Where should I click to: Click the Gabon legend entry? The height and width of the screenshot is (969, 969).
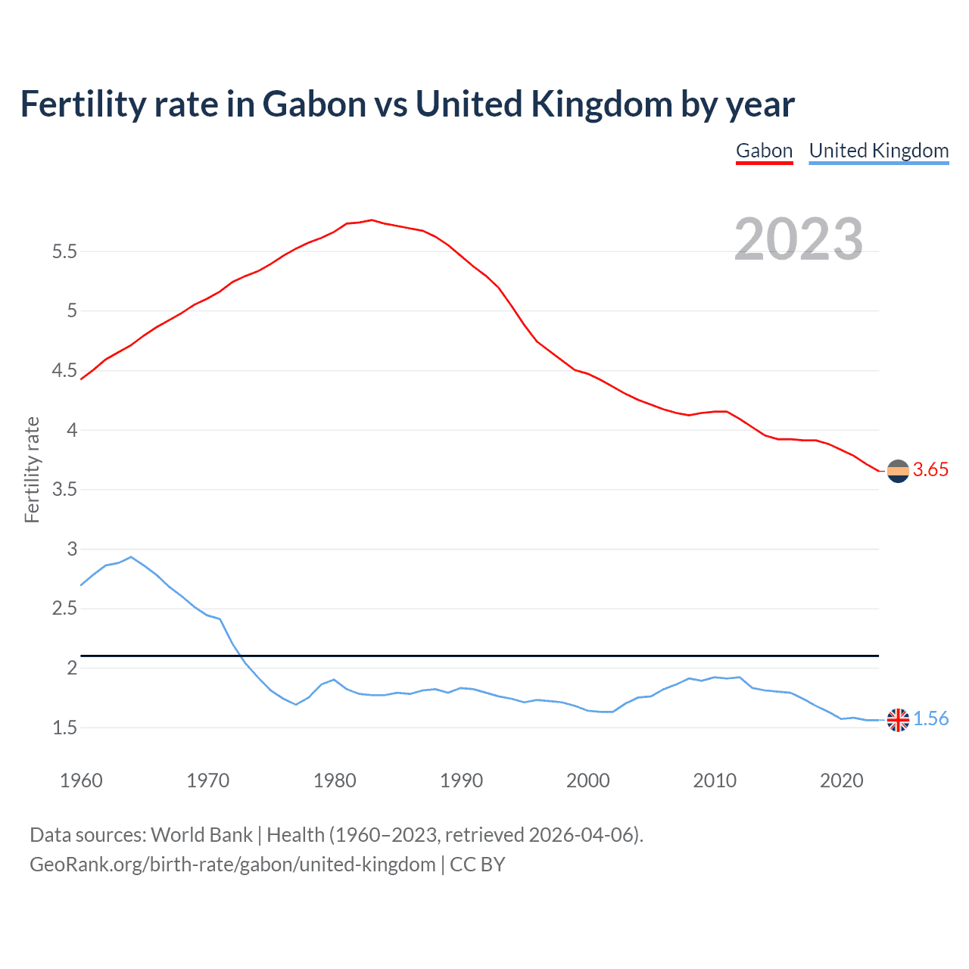[x=764, y=151]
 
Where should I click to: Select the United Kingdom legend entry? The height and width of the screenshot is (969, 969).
[x=878, y=151]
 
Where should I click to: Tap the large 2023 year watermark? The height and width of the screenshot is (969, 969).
[x=799, y=239]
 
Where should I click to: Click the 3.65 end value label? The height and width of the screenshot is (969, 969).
[x=930, y=470]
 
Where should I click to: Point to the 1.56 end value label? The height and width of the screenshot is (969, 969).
[x=930, y=719]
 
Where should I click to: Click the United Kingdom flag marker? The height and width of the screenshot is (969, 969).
[x=898, y=720]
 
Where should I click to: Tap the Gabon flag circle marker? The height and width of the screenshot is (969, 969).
[x=898, y=471]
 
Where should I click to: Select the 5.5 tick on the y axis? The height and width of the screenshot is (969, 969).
[x=65, y=251]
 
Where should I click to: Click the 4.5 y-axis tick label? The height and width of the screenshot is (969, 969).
[x=65, y=370]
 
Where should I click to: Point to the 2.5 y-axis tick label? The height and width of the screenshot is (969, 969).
[x=65, y=609]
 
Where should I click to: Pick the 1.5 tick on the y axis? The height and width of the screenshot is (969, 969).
[x=65, y=728]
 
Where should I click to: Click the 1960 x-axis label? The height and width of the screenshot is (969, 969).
[x=81, y=780]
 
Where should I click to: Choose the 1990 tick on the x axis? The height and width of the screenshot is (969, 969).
[x=461, y=780]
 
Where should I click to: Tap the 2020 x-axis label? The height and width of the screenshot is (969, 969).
[x=841, y=780]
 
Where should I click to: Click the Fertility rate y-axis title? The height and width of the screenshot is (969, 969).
[x=32, y=469]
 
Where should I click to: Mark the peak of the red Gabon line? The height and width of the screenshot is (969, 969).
[x=371, y=220]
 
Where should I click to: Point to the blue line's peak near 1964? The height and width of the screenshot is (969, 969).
[x=131, y=557]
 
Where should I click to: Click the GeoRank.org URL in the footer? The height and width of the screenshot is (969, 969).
[x=232, y=865]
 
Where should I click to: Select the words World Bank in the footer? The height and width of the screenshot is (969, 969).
[x=201, y=835]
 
